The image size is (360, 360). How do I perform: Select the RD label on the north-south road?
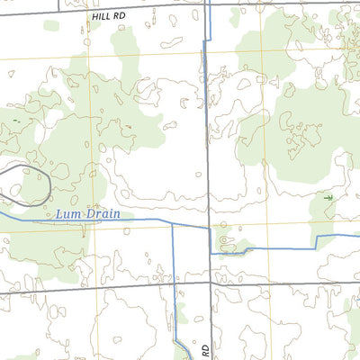205,347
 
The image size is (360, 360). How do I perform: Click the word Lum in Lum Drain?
67,214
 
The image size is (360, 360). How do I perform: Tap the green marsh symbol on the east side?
328,196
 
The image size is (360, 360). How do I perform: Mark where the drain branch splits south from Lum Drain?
172,220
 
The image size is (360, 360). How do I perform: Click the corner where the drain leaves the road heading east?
211,252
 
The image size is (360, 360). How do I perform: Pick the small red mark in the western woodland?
129,125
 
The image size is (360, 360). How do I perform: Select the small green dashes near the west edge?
15,120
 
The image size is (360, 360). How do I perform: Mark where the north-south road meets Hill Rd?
209,7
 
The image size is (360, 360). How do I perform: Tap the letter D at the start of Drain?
87,214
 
